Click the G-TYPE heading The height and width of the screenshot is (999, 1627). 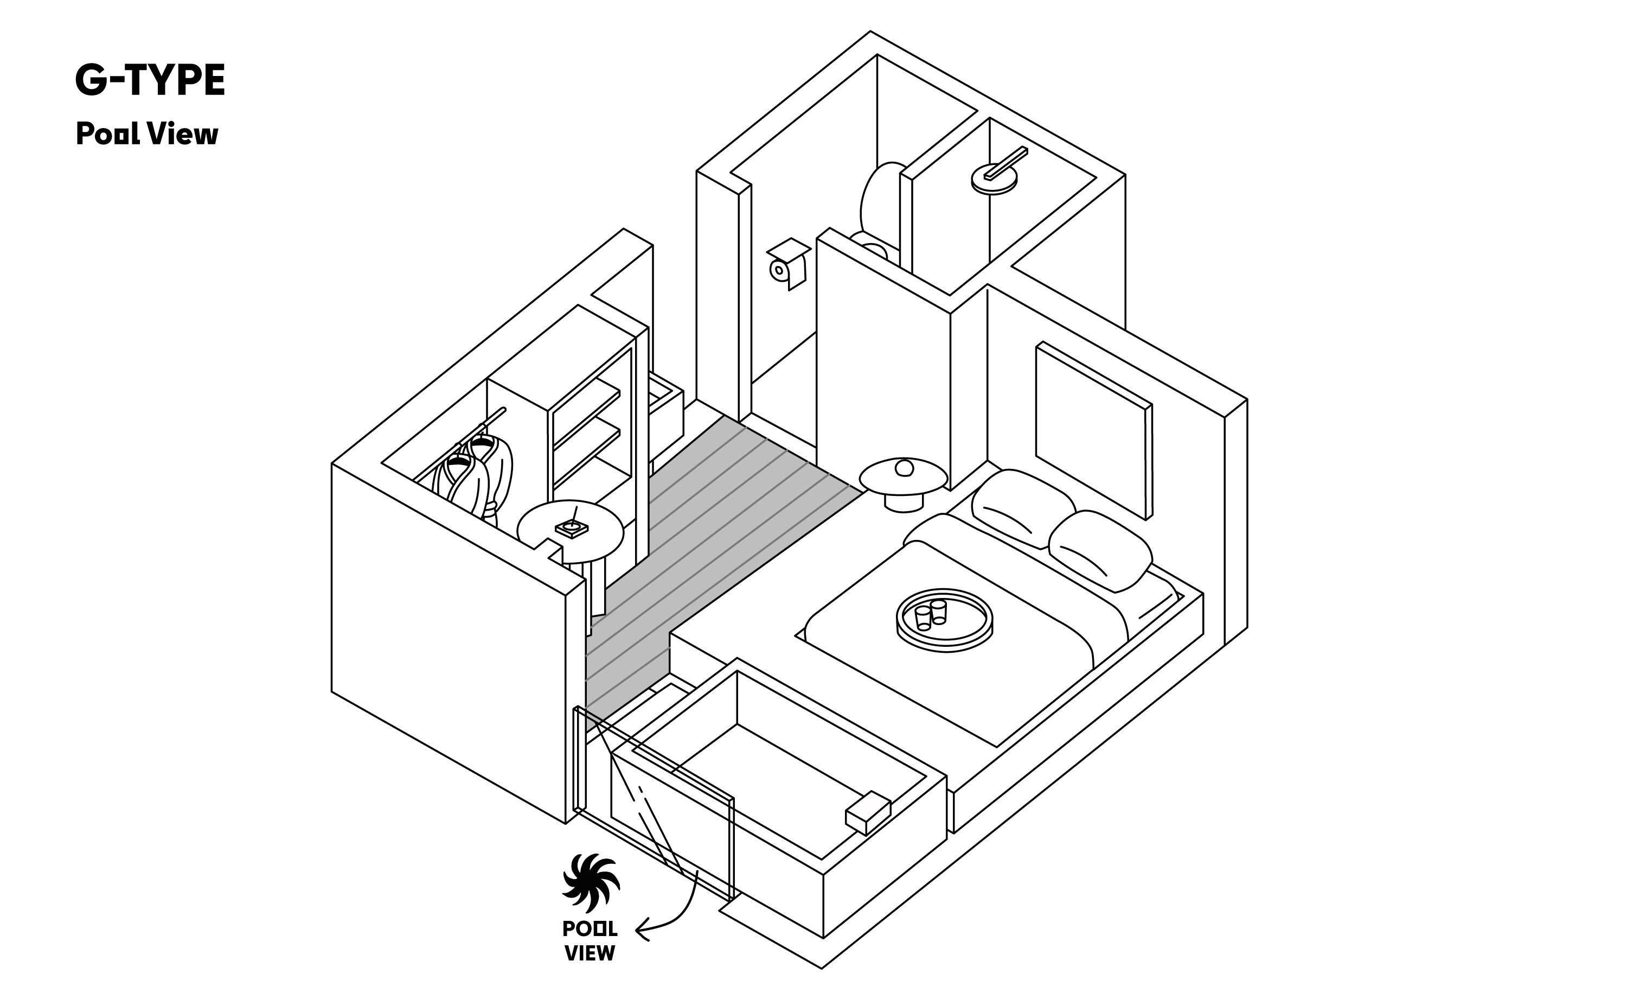point(150,81)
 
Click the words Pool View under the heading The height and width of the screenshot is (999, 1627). point(146,134)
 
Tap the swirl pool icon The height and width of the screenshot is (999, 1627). point(591,884)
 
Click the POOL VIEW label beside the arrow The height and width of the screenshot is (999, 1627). point(590,941)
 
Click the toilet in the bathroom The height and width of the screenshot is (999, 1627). point(880,212)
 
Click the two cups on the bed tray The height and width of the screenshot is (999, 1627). point(930,614)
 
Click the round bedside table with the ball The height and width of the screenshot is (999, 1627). point(904,482)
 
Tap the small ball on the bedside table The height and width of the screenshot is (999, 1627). point(904,468)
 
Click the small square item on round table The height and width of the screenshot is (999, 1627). point(572,528)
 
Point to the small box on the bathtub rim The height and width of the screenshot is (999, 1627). point(868,812)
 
